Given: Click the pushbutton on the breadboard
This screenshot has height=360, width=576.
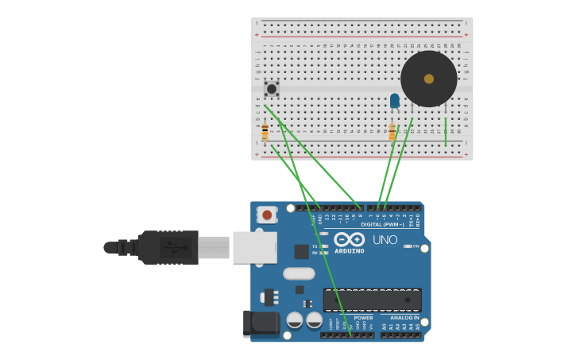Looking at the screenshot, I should (x=272, y=89).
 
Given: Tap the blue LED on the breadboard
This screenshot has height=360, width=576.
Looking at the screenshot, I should (x=395, y=101).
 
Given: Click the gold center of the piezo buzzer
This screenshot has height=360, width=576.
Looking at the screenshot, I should (x=429, y=79).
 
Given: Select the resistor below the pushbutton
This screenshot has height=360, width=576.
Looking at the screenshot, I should (x=265, y=132).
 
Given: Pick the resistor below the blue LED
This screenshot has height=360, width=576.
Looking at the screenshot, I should (x=392, y=132).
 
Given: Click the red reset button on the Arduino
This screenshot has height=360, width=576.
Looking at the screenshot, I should (x=267, y=215).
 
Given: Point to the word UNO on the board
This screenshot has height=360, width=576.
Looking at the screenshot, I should (x=385, y=240).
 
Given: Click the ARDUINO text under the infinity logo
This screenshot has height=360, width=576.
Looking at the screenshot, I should (x=350, y=251).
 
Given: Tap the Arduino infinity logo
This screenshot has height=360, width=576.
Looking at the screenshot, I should (x=350, y=239).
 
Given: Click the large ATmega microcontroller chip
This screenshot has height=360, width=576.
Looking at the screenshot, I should (x=372, y=300).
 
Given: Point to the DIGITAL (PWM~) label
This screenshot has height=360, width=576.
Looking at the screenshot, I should (x=382, y=225).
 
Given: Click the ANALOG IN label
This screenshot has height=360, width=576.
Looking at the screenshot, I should (x=405, y=317).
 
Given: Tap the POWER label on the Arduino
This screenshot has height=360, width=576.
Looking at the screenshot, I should (x=363, y=317).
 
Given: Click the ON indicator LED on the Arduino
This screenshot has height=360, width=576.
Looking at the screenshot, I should (x=408, y=246).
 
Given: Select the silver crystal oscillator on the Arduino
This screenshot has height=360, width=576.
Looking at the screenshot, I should (x=299, y=273).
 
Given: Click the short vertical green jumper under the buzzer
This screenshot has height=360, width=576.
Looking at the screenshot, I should (x=446, y=132).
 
